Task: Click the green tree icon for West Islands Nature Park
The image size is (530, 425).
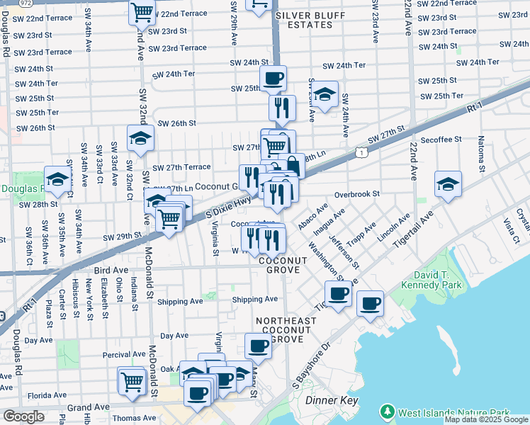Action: coord(387,412)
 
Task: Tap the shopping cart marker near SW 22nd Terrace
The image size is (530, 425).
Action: coord(142,11)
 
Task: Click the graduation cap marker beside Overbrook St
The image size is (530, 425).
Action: coord(448,184)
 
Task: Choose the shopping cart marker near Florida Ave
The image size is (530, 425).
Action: coord(132,382)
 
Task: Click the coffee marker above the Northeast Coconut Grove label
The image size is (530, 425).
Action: coord(258,346)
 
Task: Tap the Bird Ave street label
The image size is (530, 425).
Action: coord(110,269)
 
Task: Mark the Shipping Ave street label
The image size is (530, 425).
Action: coord(255,300)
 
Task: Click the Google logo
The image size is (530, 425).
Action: coord(23,416)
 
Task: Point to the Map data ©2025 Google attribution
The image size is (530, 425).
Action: coord(486,419)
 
